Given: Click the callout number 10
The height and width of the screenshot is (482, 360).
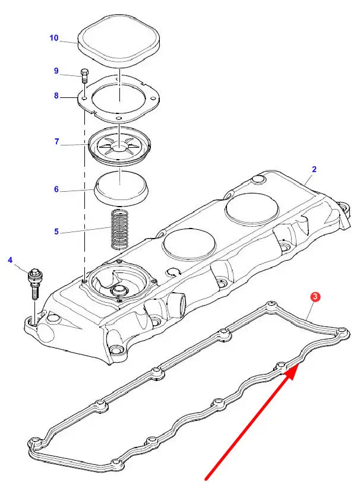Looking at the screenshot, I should click(x=54, y=38).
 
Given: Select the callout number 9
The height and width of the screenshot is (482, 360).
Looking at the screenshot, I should click(x=56, y=71).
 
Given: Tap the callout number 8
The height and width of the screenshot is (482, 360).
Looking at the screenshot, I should click(x=56, y=95).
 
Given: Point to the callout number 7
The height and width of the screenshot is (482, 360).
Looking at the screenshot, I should click(x=56, y=142).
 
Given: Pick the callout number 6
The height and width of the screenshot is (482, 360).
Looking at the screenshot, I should click(x=56, y=189).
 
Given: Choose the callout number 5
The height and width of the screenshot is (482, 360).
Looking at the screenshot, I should click(x=56, y=231).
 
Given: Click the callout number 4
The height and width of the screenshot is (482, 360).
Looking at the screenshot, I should click(x=10, y=260).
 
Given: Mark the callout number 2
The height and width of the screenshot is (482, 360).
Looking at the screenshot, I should click(x=314, y=169).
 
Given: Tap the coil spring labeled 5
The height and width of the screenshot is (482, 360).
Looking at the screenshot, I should click(x=121, y=229).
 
